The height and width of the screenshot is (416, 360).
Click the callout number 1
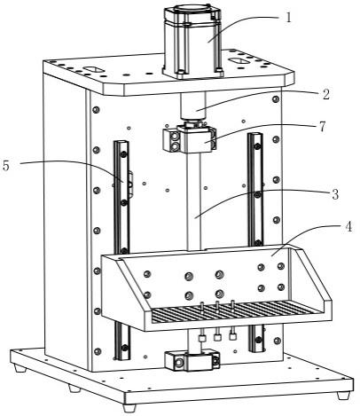coord(288,18)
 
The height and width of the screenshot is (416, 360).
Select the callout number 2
coord(325,95)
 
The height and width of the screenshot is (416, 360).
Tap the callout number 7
coord(322,127)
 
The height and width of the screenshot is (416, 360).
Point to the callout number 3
coord(335,194)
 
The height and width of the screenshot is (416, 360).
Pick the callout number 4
coord(348,227)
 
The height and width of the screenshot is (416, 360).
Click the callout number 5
coord(5,166)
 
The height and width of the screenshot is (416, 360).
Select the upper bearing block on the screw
coord(189,138)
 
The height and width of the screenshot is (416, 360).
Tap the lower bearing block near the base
coord(192,360)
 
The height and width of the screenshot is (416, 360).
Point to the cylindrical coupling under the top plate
coord(192,106)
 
